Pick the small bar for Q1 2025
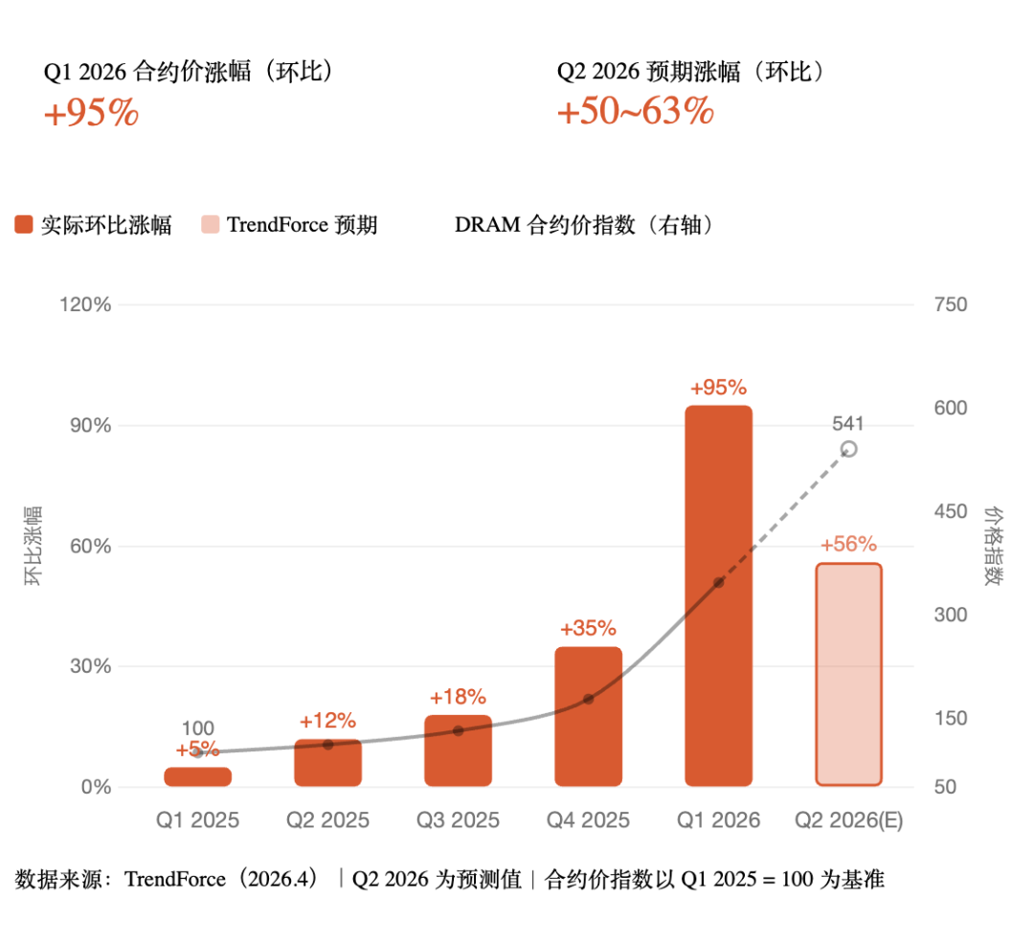(x=197, y=776)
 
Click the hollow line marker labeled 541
(x=848, y=449)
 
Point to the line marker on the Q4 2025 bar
(x=588, y=699)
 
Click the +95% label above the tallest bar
(x=718, y=388)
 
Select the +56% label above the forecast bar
(x=848, y=545)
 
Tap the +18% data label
(x=458, y=697)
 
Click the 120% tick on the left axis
(x=87, y=304)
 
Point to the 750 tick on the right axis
(x=951, y=304)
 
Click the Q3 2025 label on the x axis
(x=458, y=820)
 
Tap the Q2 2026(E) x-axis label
(x=848, y=820)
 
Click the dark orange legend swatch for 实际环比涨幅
(x=24, y=225)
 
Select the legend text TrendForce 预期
(x=302, y=225)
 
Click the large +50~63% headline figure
(x=636, y=113)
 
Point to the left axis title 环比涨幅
(x=34, y=545)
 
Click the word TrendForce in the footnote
(x=175, y=880)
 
